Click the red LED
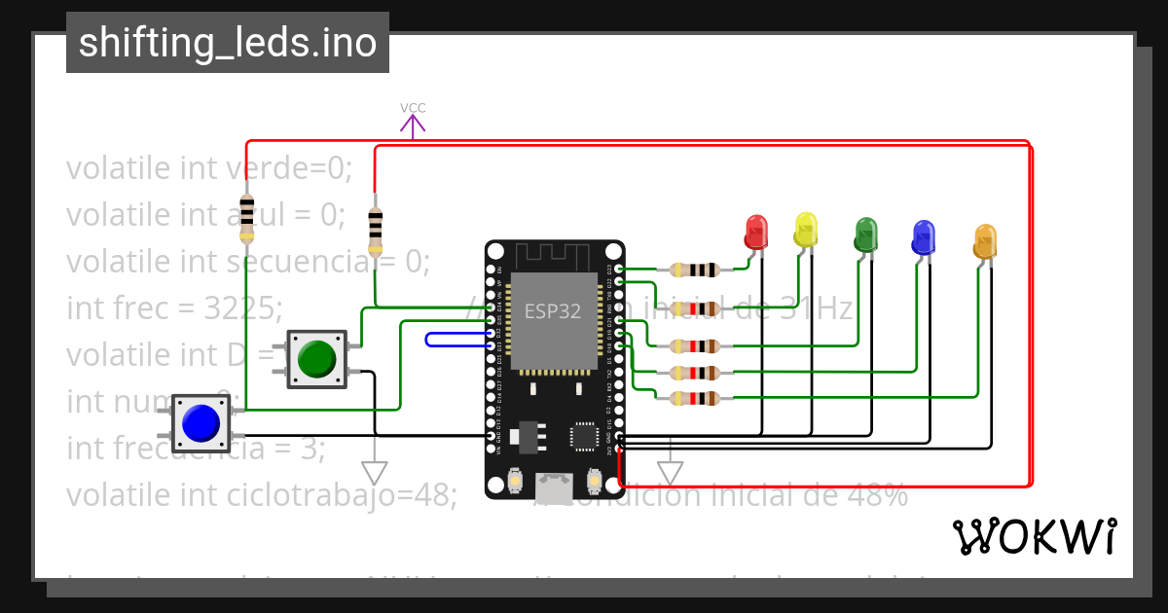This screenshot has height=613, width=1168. pyautogui.click(x=756, y=232)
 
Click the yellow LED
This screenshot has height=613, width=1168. pyautogui.click(x=806, y=229)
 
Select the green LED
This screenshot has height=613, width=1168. pyautogui.click(x=865, y=234)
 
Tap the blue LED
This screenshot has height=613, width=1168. pyautogui.click(x=923, y=236)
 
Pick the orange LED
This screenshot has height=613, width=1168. pyautogui.click(x=985, y=240)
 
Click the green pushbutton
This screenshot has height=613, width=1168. pyautogui.click(x=316, y=359)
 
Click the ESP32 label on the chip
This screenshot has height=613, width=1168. pyautogui.click(x=553, y=311)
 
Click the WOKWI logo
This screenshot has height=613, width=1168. pyautogui.click(x=1034, y=536)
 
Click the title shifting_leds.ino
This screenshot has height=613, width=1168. pyautogui.click(x=228, y=43)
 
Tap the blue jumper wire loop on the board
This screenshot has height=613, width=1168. pyautogui.click(x=457, y=340)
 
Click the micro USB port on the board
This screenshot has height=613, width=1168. pyautogui.click(x=555, y=482)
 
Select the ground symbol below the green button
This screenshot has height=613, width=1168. pyautogui.click(x=374, y=472)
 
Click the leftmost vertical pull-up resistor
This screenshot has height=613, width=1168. pyautogui.click(x=246, y=218)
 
